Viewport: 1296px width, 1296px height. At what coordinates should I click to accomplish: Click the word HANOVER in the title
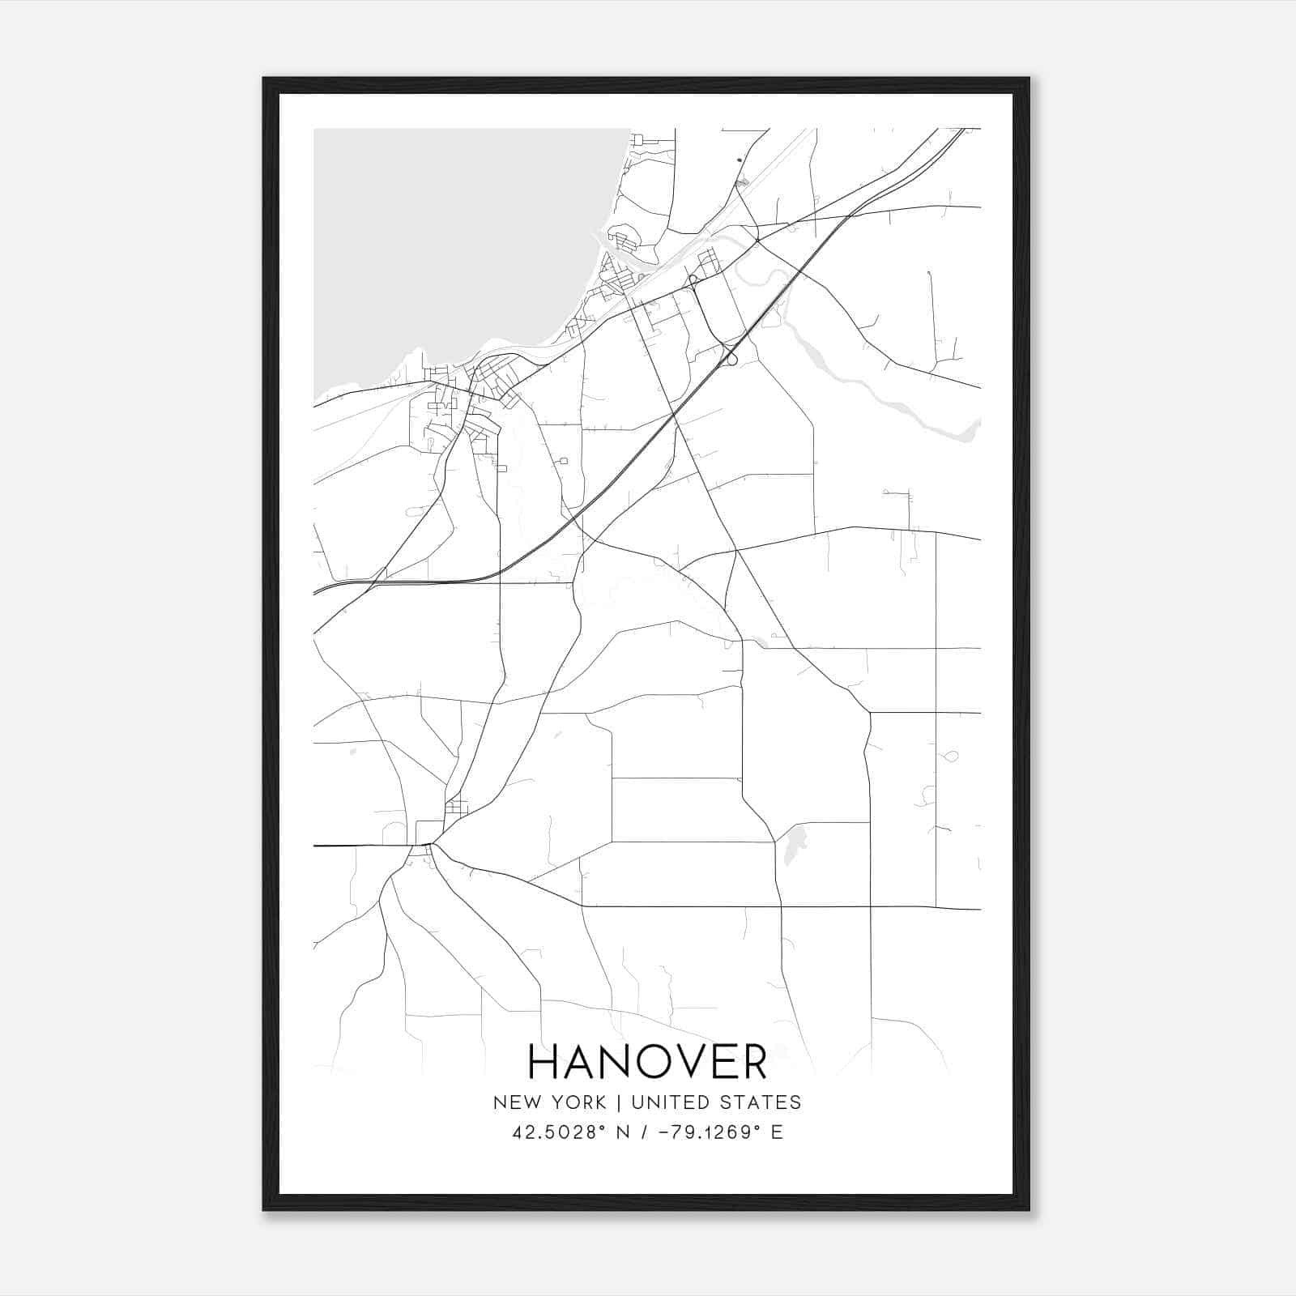point(647,1062)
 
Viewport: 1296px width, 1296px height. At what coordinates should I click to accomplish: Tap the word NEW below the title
point(514,1102)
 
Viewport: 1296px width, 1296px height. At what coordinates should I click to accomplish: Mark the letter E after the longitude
point(777,1132)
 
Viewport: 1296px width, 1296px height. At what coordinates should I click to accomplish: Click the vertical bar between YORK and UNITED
point(619,1102)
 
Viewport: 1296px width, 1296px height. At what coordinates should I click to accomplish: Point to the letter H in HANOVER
point(543,1062)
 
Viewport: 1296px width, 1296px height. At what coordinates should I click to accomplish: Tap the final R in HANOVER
point(754,1062)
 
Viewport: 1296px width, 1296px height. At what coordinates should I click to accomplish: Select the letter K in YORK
point(600,1102)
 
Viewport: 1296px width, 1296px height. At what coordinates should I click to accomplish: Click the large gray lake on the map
point(454,243)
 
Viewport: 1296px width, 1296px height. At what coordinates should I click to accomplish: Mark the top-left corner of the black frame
point(265,79)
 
